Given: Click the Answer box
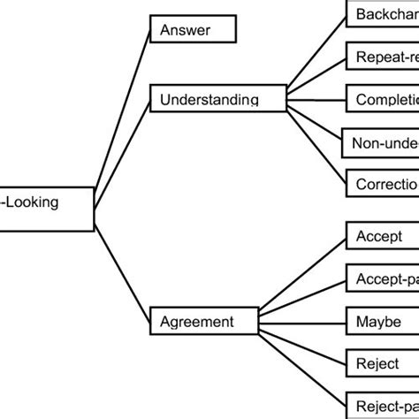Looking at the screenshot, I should pos(194,30).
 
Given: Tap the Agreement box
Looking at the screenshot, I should pos(204,323).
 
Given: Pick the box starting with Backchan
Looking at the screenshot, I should pos(380,16).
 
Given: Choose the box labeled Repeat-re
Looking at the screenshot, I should pos(380,57).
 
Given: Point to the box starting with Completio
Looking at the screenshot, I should pos(380,99).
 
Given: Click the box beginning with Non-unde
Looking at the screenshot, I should pos(380,141).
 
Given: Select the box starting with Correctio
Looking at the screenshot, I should pos(380,183).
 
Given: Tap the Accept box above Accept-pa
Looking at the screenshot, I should pos(380,238).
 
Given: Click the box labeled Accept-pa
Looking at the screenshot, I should pos(380,280).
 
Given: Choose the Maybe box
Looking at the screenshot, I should pos(380,322).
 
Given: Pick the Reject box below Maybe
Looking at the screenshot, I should pos(380,363).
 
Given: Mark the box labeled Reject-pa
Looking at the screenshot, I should pos(380,403).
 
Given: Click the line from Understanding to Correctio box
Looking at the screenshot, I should pos(314,145).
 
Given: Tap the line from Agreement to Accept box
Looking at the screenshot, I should pos(301,281).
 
